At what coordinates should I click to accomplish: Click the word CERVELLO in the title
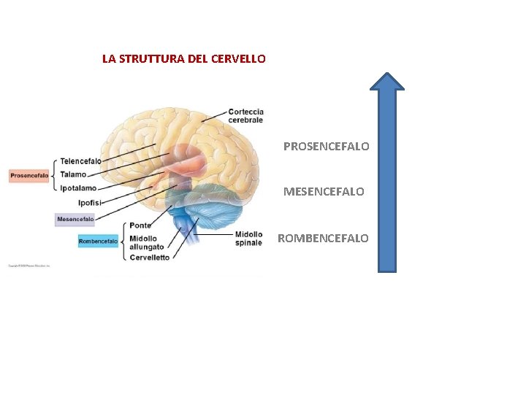point(240,58)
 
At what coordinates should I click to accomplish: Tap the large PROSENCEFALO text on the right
point(326,146)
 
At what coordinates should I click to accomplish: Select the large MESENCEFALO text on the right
point(324,192)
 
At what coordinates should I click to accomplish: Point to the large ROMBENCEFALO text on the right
point(323,238)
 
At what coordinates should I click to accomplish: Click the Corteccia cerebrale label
point(245,115)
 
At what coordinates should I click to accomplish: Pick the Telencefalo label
point(80,161)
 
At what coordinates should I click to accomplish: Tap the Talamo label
point(73,174)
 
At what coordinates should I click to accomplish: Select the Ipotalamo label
point(78,188)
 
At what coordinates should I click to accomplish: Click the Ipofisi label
point(90,202)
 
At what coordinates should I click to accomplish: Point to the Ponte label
point(140,225)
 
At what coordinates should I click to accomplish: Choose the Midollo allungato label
point(146,243)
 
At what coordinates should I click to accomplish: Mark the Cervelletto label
point(149,257)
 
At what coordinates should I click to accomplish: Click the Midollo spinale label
point(248,239)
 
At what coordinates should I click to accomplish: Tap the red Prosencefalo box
point(29,175)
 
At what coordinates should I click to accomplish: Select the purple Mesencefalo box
point(75,219)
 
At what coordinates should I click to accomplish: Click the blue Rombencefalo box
point(98,241)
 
